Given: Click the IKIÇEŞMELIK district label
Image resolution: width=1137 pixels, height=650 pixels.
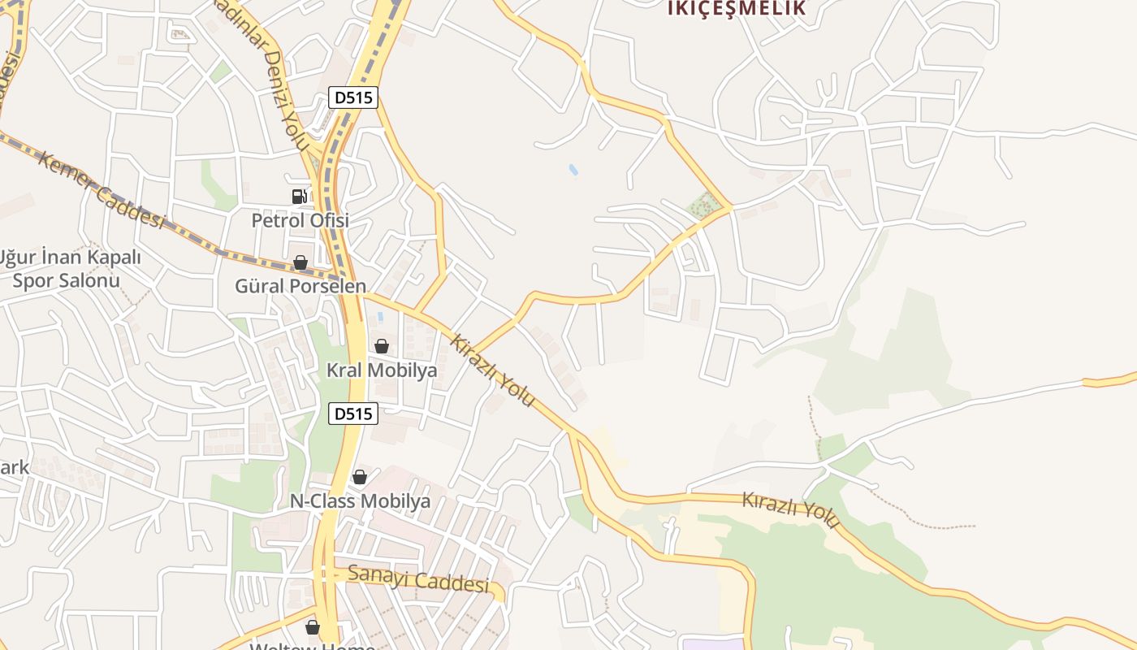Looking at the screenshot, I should [737, 8].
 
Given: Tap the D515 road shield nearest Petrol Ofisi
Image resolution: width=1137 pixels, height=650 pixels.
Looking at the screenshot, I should [353, 97].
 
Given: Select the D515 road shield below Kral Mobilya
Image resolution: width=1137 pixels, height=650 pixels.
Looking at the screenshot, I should [353, 414].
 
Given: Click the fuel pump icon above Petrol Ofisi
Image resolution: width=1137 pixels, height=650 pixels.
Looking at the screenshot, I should [300, 196].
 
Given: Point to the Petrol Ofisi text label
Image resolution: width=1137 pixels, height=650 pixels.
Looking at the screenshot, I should [300, 220].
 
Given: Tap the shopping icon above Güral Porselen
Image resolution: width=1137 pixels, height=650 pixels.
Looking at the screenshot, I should [300, 262].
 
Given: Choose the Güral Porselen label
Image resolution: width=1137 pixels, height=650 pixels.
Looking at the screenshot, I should [300, 286].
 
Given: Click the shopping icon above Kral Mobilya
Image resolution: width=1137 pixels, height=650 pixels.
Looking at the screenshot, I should [381, 346].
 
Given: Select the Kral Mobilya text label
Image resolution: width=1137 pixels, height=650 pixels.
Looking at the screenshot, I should [381, 370].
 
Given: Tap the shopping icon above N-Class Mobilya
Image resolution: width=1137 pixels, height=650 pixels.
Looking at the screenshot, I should [360, 477].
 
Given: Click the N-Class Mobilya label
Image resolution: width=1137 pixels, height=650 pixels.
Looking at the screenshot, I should [360, 501].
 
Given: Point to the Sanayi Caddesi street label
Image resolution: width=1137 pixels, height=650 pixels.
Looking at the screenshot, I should [418, 578].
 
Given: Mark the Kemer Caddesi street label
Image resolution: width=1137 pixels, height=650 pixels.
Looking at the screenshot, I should [101, 189].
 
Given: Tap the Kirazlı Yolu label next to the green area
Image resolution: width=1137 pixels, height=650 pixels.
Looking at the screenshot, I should [790, 509].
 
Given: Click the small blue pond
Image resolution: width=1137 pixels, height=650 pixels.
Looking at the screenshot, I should [573, 170].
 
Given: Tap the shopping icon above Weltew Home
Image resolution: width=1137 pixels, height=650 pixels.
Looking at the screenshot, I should [313, 627].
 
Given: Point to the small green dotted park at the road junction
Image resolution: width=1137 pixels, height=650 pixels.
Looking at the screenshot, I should [704, 205].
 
